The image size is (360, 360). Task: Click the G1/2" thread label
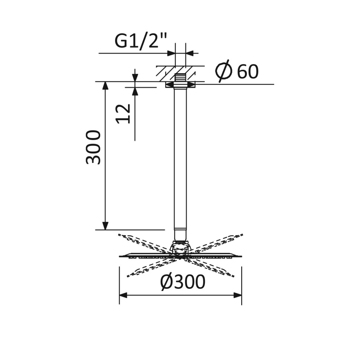(141, 41)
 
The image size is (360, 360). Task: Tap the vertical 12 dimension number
(124, 113)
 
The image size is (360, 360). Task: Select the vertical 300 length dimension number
(93, 147)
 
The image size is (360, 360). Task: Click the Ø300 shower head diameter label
(183, 283)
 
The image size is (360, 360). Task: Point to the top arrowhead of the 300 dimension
(105, 85)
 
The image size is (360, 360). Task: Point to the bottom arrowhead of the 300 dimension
(105, 226)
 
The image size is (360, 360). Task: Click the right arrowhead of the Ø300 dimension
(238, 295)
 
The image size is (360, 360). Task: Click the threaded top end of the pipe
(180, 78)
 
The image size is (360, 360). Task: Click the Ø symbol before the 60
(224, 71)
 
